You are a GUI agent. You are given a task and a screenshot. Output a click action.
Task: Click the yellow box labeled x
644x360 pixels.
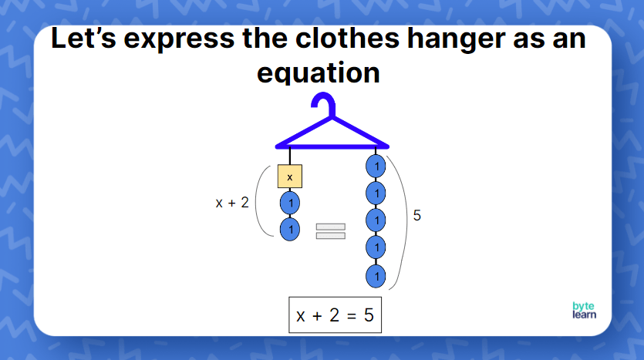[290, 177]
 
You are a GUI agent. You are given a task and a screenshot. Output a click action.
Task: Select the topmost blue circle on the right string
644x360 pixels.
[376, 166]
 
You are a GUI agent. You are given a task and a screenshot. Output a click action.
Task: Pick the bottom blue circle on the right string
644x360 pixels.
[376, 274]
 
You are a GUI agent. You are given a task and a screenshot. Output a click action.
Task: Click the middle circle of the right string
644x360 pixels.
[376, 220]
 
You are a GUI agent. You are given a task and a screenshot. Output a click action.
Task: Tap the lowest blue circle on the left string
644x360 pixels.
[290, 229]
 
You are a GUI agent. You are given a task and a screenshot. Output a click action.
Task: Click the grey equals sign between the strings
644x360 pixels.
[330, 230]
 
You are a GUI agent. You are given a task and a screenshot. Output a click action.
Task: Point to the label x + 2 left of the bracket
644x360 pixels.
[232, 204]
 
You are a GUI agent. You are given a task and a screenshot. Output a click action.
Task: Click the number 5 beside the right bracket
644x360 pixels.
[417, 216]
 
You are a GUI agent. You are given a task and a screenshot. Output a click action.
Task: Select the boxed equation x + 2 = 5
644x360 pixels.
[335, 315]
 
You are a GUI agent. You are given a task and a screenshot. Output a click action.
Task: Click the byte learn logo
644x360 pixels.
[584, 310]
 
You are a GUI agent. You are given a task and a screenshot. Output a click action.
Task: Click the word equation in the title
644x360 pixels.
[318, 72]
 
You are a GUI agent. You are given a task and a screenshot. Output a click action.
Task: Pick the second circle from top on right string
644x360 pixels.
[376, 193]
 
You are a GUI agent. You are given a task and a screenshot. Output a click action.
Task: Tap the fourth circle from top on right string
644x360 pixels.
[376, 247]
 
